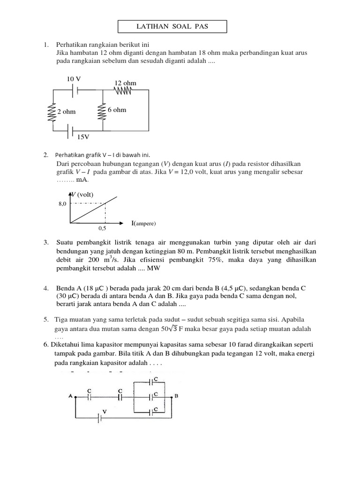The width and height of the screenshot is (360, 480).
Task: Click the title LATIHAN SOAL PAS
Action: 172,27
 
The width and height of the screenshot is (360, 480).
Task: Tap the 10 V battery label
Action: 74,79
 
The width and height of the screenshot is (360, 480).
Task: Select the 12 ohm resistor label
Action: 125,83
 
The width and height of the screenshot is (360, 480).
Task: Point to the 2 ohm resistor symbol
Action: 52,112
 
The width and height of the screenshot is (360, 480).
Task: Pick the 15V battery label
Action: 83,136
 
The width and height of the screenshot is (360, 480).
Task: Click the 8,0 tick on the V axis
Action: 62,204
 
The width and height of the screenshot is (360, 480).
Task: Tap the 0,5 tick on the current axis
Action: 103,228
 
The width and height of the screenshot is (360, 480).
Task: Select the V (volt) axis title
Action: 82,194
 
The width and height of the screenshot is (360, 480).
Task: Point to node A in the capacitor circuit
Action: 70,396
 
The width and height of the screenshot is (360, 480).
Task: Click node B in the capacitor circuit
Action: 176,396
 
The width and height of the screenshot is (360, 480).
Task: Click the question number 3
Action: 46,242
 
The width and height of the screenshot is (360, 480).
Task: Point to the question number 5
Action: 46,319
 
